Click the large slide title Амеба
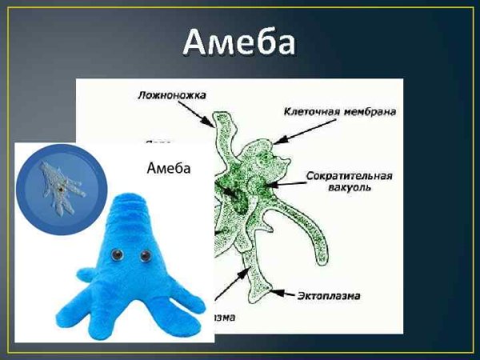click(239, 42)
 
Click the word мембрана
click(372, 113)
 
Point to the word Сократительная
click(349, 175)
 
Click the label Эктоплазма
click(330, 295)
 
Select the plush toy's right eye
click(146, 256)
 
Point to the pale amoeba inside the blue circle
click(59, 183)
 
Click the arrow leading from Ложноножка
click(202, 112)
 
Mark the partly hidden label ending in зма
click(226, 317)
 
